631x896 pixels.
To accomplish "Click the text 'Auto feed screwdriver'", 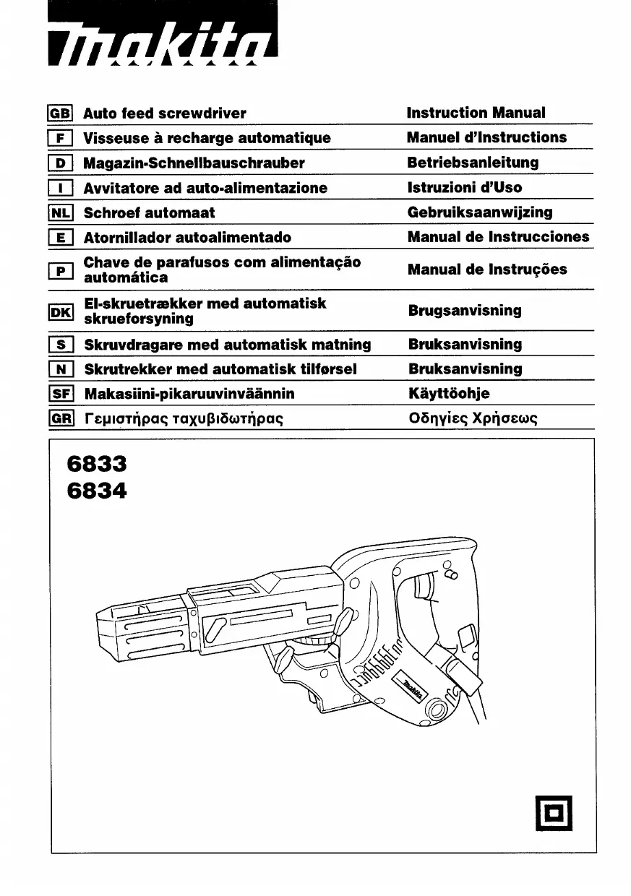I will point(165,113).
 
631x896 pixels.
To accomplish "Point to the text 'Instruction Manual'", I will point(476,113).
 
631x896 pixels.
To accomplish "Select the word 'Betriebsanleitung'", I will point(473,163).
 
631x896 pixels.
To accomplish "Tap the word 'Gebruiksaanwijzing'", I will point(480,212).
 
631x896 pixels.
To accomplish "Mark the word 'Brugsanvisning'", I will point(465,311).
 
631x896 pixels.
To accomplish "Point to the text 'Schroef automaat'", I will point(150,213).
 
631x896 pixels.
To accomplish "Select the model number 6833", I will point(96,463).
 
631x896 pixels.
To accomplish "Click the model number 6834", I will point(96,492).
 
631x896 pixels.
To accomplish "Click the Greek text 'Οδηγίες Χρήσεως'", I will point(473,419).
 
